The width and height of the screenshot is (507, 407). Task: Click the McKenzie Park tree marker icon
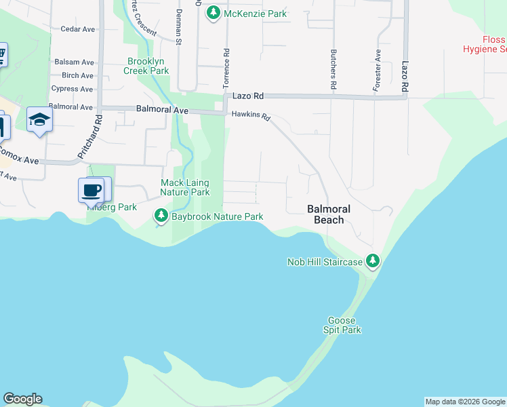[x=214, y=13]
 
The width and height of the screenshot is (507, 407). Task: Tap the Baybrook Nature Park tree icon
[x=161, y=216]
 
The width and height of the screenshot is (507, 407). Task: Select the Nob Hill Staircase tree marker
[x=372, y=261]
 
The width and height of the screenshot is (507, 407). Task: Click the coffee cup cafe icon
[x=92, y=191]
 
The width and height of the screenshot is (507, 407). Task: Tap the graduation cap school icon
[x=39, y=120]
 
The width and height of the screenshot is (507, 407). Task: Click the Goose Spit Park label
[x=344, y=325]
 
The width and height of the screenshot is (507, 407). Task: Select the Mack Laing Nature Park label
[x=184, y=187]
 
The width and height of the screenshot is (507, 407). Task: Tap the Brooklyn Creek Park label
[x=147, y=65]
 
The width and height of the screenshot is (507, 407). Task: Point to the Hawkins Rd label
[x=251, y=117]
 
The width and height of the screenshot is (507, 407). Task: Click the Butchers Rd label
[x=333, y=69]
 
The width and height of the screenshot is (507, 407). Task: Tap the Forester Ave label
[x=377, y=71]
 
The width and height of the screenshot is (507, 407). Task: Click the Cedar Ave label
[x=77, y=29]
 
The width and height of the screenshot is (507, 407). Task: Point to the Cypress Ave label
[x=72, y=89]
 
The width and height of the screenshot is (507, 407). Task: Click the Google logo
[x=22, y=399]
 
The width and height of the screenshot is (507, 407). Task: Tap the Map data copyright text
[x=465, y=402]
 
